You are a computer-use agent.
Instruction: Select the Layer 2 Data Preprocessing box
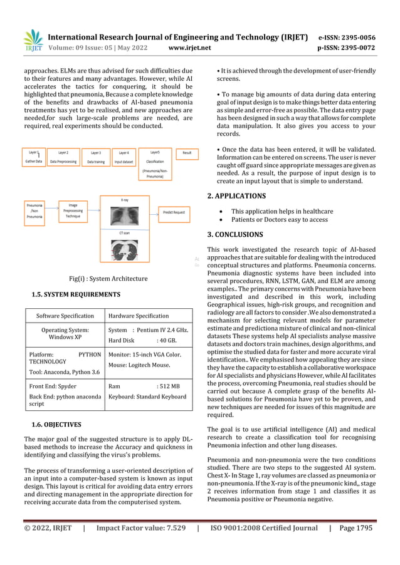63,157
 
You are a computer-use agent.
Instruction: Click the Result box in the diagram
187,152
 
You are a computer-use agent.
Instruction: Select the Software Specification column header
65,316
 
